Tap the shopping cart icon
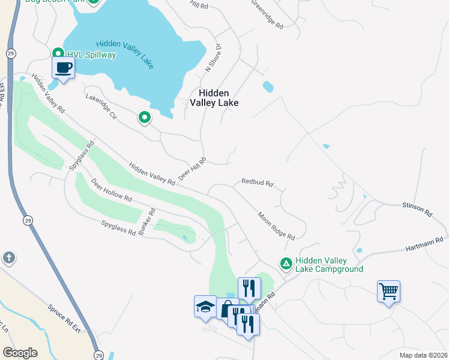[388, 292]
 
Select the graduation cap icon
[205, 306]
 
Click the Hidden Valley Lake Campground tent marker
[286, 263]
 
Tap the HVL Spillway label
[91, 55]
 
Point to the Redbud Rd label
[258, 181]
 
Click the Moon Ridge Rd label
[277, 226]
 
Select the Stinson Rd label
[417, 209]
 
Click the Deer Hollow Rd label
[111, 189]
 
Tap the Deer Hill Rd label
[192, 170]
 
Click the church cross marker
[8, 258]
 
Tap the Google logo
[20, 353]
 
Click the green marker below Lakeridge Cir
[144, 118]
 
